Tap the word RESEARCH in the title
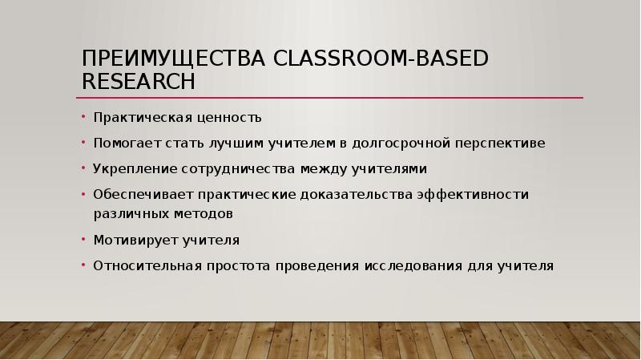tap(138, 82)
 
